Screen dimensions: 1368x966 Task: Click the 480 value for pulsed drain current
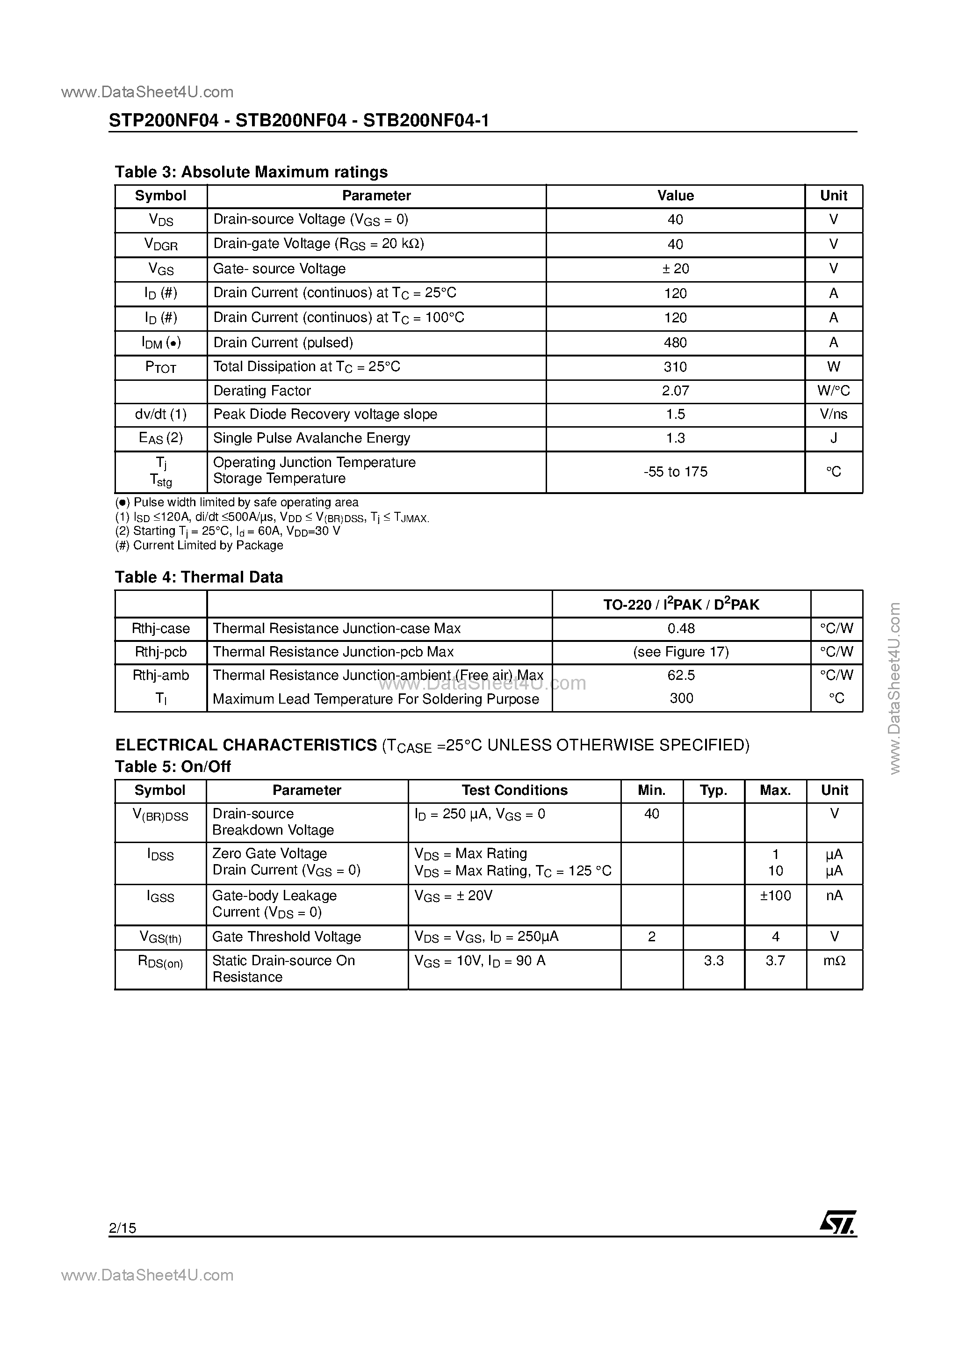pyautogui.click(x=675, y=342)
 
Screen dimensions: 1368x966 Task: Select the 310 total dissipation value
pyautogui.click(x=675, y=367)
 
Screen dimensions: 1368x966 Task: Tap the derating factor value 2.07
pyautogui.click(x=675, y=391)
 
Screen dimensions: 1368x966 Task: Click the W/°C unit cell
pyautogui.click(x=833, y=391)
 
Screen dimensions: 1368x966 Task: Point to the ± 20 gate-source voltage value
pyautogui.click(x=675, y=269)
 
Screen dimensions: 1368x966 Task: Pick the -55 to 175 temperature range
pyautogui.click(x=675, y=472)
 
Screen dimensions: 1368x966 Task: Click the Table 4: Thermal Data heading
pyautogui.click(x=198, y=577)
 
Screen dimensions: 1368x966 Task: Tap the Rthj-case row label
pyautogui.click(x=161, y=629)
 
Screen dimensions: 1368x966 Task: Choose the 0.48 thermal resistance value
pyautogui.click(x=681, y=629)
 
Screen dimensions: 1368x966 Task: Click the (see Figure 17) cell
pyautogui.click(x=681, y=652)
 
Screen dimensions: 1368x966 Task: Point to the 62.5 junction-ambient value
pyautogui.click(x=681, y=675)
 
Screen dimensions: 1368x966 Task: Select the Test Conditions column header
pyautogui.click(x=515, y=790)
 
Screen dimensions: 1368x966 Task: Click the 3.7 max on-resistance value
pyautogui.click(x=775, y=961)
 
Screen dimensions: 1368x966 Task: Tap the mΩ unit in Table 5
pyautogui.click(x=834, y=961)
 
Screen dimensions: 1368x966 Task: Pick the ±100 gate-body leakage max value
pyautogui.click(x=775, y=895)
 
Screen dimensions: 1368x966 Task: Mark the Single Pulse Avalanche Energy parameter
pyautogui.click(x=311, y=438)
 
